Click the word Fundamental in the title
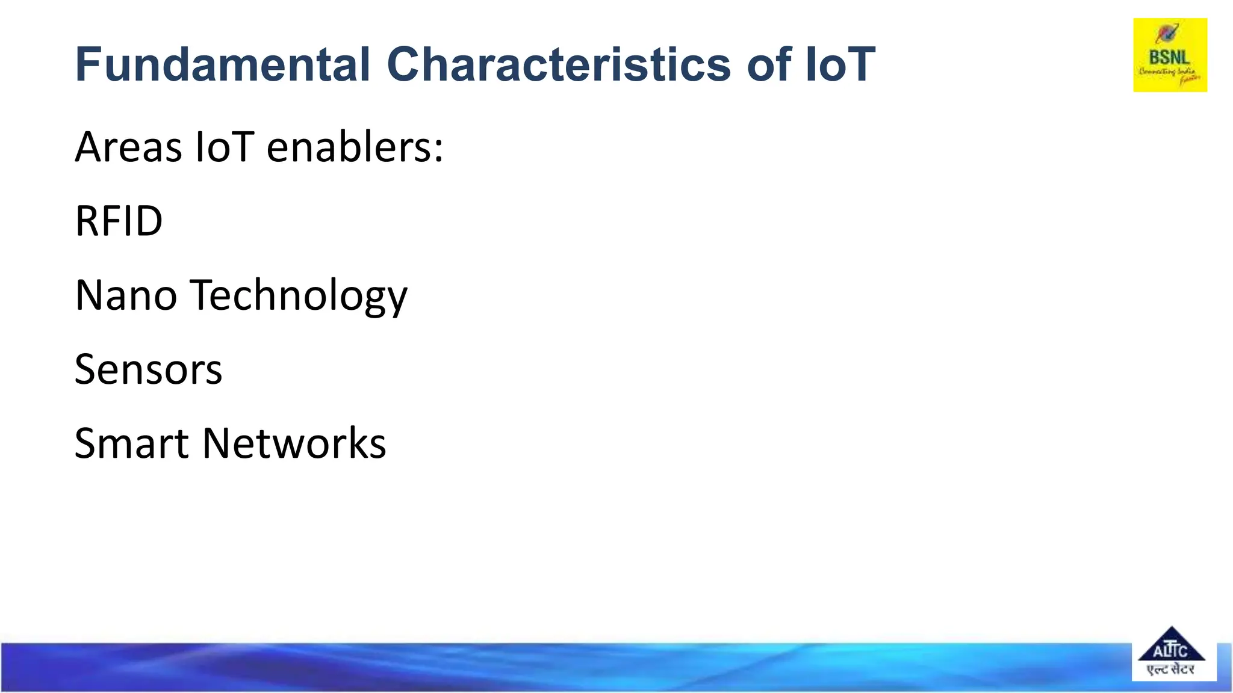pos(222,64)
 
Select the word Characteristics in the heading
pos(558,64)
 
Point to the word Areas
pos(128,147)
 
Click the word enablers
pos(348,147)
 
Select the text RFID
pos(119,221)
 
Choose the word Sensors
pos(148,369)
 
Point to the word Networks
pos(294,443)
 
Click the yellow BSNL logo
pos(1170,55)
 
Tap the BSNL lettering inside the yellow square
pos(1169,58)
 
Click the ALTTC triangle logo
pos(1171,645)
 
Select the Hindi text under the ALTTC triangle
pos(1170,669)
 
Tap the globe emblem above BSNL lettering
pos(1167,33)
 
